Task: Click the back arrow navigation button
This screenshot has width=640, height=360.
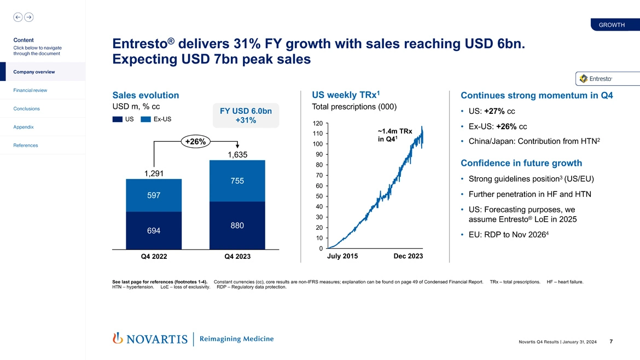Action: coord(18,17)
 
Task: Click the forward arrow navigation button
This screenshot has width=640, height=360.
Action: coord(28,17)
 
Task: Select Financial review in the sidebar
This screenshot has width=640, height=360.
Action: coord(31,90)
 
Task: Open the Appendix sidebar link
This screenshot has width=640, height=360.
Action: coord(24,127)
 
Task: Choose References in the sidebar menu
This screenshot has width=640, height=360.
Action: coord(25,146)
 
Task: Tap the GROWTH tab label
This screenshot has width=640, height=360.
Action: coord(612,25)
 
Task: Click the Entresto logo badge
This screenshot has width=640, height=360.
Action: coord(596,79)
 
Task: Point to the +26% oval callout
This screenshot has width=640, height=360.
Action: coord(195,142)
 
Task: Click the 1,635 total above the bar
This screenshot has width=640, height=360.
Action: coord(237,155)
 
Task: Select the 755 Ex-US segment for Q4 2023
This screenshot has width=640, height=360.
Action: coord(237,181)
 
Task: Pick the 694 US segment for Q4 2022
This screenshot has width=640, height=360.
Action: coord(154,231)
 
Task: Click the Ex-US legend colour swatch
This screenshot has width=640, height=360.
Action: coord(146,119)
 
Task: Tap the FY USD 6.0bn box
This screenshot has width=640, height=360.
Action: coord(246,115)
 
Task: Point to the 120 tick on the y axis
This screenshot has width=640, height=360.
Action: coord(318,123)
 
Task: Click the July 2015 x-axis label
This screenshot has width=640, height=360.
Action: coord(342,256)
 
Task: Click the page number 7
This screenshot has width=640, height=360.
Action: coord(610,342)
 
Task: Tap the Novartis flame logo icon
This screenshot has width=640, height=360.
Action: coord(117,339)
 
